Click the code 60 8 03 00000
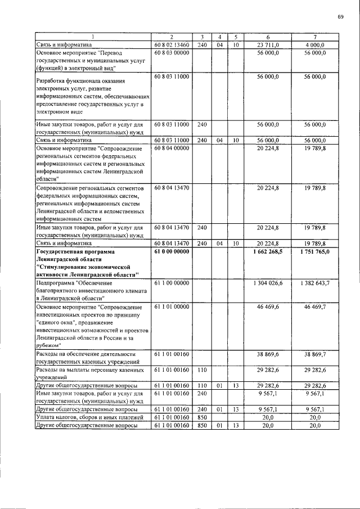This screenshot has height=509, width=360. coord(171,52)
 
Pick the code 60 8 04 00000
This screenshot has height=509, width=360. coord(171,147)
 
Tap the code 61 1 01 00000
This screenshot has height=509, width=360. coord(171,307)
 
